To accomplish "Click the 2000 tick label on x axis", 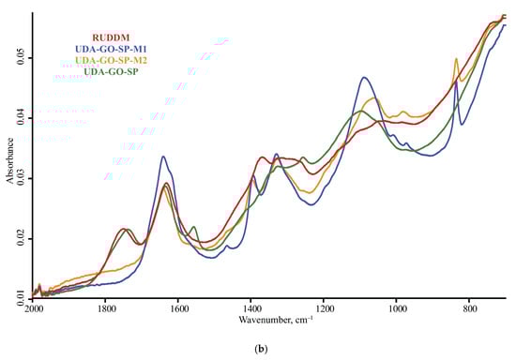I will coord(34,307).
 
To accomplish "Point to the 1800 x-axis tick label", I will coord(105,307).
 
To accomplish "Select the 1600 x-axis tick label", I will coord(178,307).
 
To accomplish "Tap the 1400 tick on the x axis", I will coord(251,307).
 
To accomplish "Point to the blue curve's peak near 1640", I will coord(163,157).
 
